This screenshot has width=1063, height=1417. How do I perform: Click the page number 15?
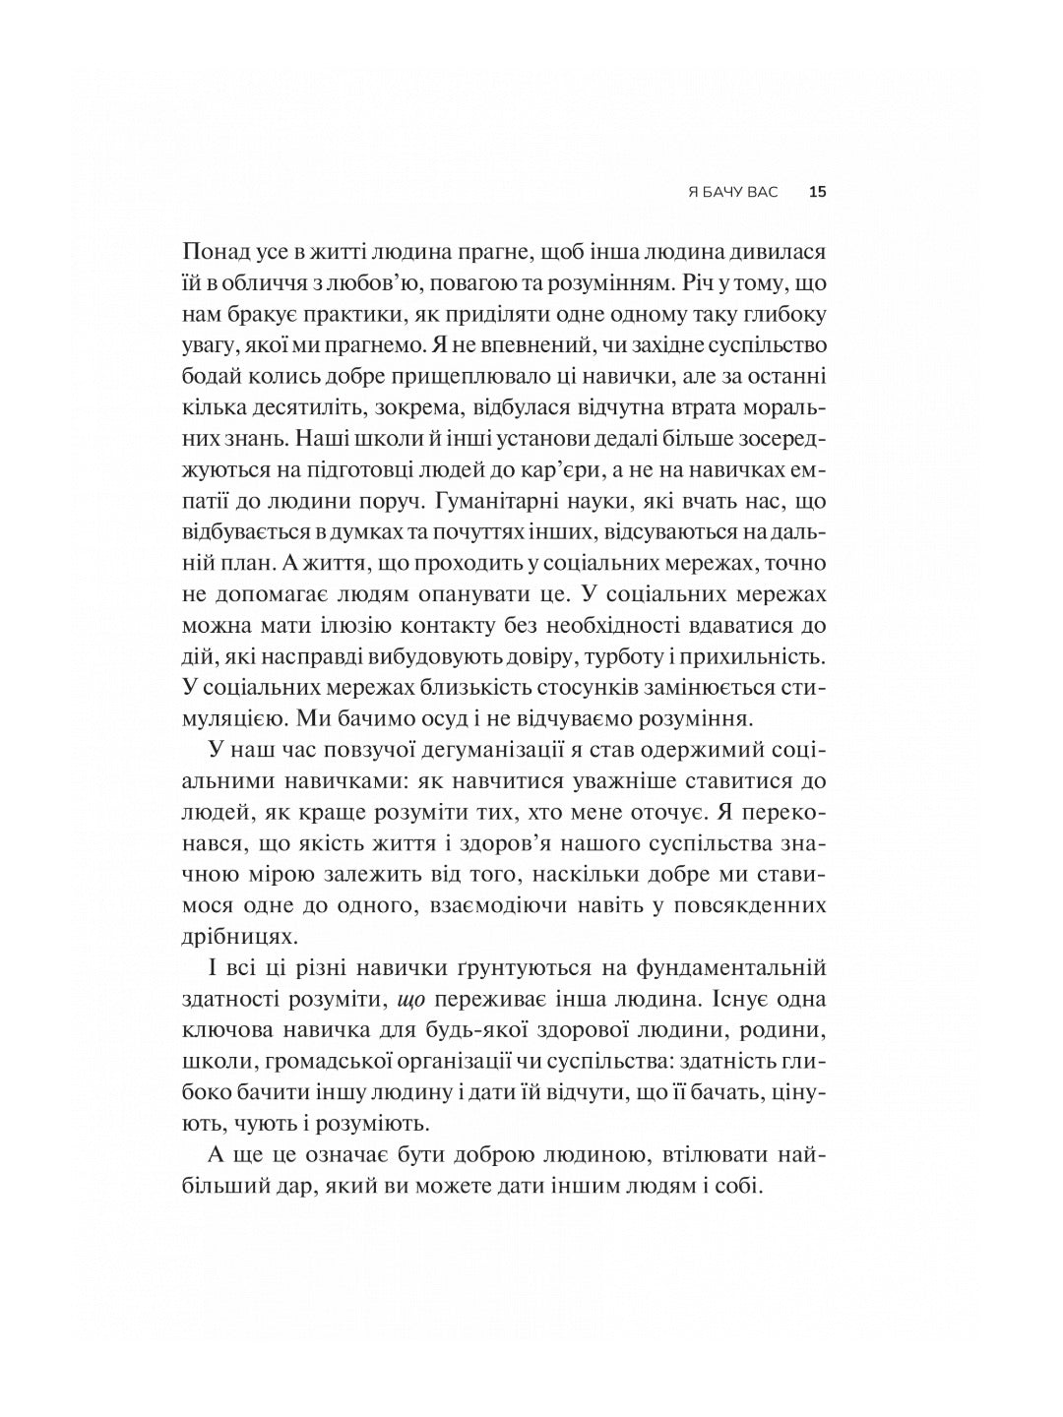[817, 193]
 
